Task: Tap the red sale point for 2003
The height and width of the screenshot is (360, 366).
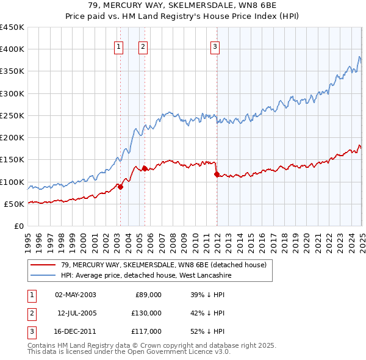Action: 120,187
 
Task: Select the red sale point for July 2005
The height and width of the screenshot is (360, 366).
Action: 145,168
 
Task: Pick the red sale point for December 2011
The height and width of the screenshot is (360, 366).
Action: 217,175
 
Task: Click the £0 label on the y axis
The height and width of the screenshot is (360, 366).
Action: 20,226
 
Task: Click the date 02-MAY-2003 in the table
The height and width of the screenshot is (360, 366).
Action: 76,295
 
